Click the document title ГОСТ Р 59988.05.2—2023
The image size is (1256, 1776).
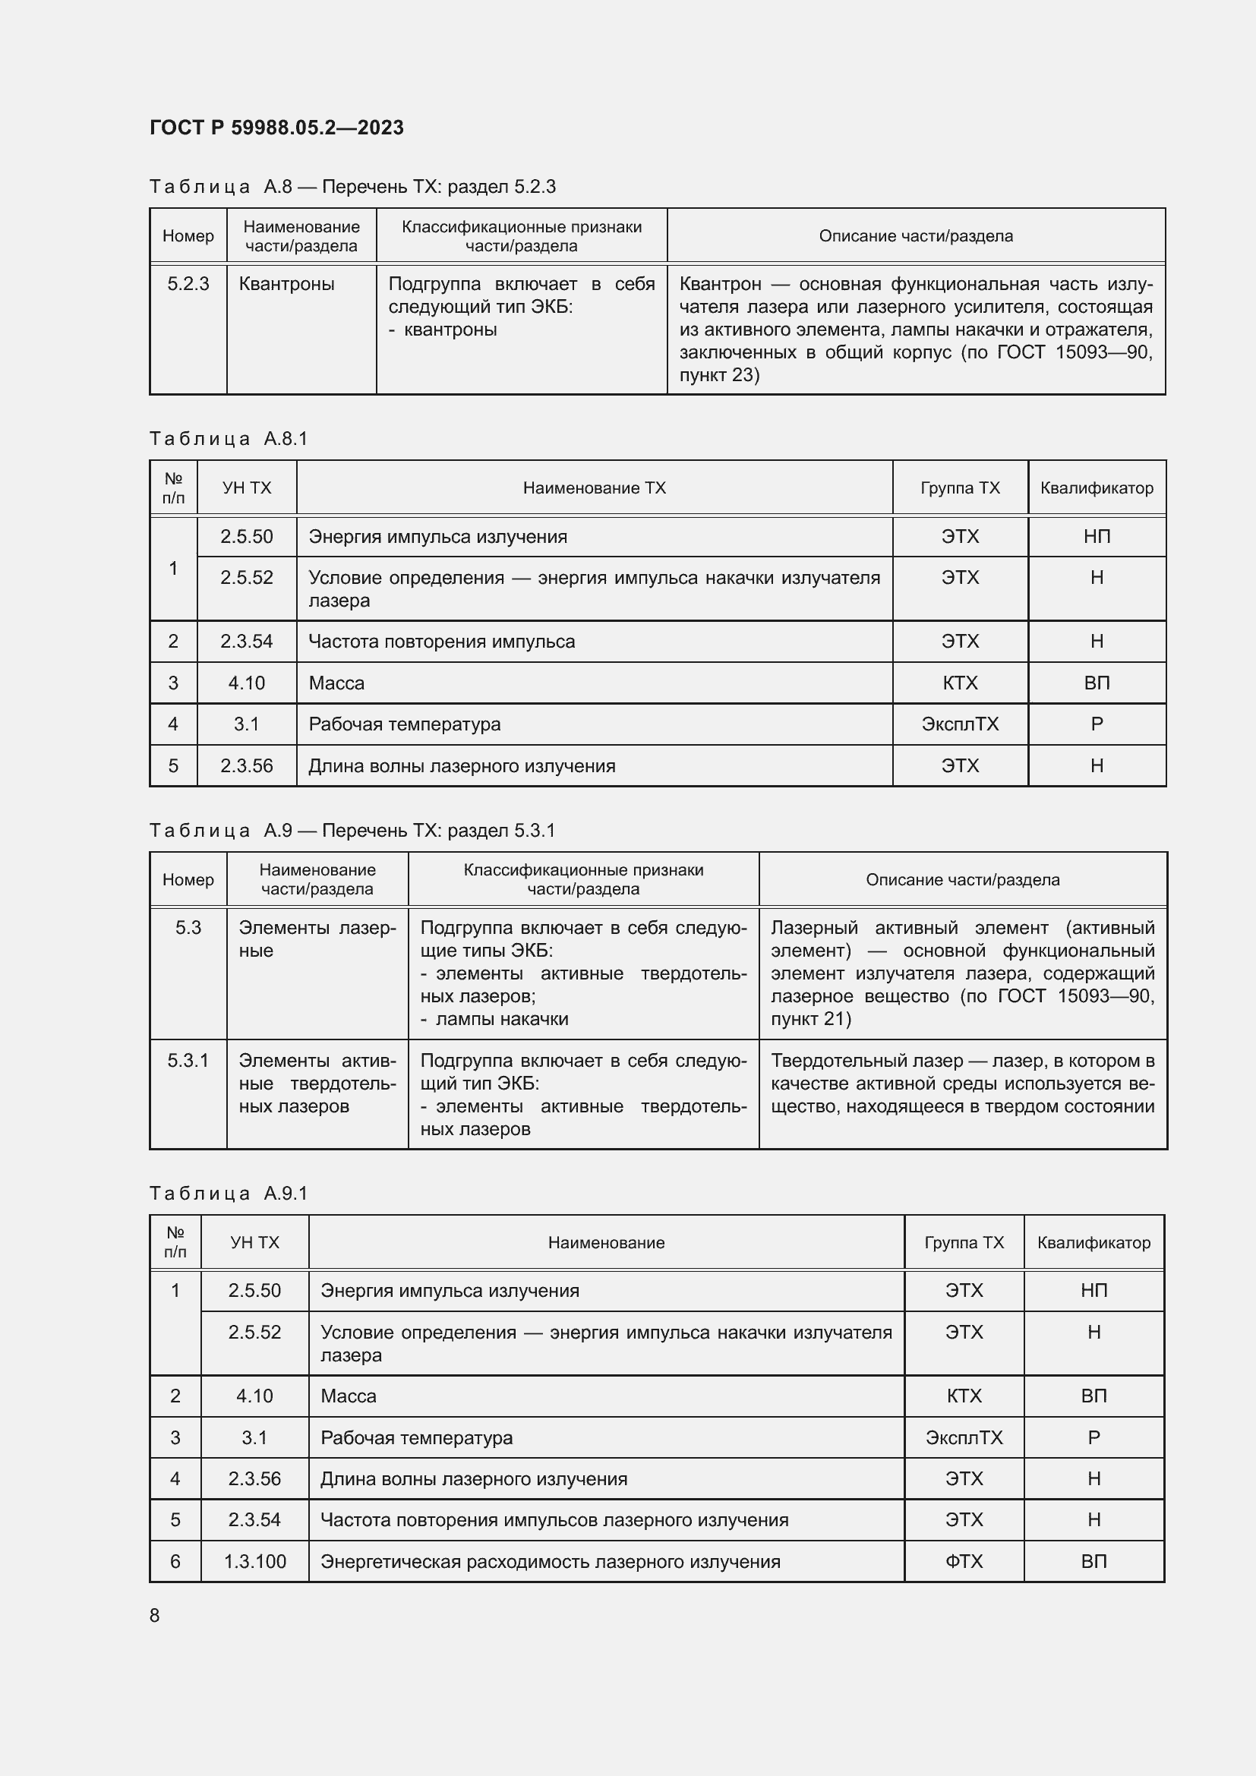point(276,128)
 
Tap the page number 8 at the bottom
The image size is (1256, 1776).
point(155,1615)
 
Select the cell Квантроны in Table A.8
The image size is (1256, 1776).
point(286,284)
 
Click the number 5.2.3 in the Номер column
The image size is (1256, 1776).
point(188,284)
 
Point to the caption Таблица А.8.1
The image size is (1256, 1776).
point(228,439)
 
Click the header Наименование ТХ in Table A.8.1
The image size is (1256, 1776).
point(594,488)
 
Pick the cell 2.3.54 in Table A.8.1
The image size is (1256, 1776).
point(246,642)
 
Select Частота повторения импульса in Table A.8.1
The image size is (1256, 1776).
point(442,642)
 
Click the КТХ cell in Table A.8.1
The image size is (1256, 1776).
point(960,683)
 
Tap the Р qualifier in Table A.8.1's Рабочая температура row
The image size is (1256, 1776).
point(1096,724)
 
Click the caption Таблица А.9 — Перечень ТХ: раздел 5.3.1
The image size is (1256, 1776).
point(352,830)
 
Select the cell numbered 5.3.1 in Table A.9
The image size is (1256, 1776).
point(188,1061)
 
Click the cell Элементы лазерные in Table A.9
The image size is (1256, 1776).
point(317,939)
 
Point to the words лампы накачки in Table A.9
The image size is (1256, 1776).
point(502,1019)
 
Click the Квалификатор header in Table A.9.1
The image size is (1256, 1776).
point(1093,1242)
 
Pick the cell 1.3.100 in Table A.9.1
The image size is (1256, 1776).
point(254,1561)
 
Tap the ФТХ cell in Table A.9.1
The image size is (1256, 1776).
point(964,1561)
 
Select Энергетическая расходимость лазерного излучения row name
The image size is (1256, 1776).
point(550,1561)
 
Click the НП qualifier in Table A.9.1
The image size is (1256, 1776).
point(1093,1290)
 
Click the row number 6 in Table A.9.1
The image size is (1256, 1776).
point(175,1561)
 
